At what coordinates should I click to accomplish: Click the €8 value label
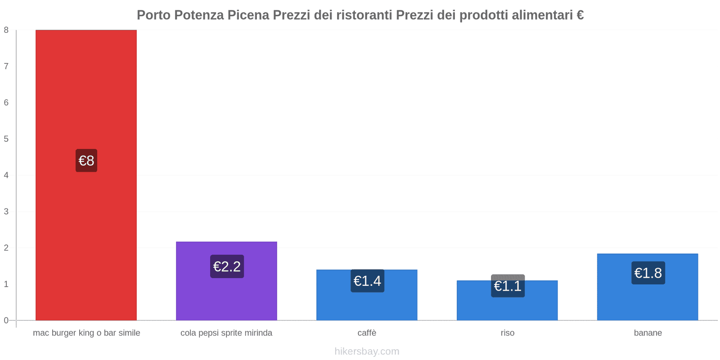(86, 161)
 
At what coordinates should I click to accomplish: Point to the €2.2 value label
(227, 266)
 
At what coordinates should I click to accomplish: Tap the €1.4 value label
(367, 281)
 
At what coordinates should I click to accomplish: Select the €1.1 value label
(508, 286)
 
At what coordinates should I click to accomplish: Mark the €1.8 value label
(648, 273)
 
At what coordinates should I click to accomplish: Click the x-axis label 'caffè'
(367, 333)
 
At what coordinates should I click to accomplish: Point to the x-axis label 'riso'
(508, 333)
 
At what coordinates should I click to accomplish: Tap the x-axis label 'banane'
(648, 333)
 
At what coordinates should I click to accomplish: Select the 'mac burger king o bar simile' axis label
(86, 333)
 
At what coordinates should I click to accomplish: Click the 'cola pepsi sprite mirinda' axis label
(226, 333)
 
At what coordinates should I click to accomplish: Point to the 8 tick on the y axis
(6, 30)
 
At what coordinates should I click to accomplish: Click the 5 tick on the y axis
(6, 139)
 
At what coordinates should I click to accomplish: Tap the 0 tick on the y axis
(6, 320)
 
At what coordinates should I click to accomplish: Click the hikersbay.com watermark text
(367, 351)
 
